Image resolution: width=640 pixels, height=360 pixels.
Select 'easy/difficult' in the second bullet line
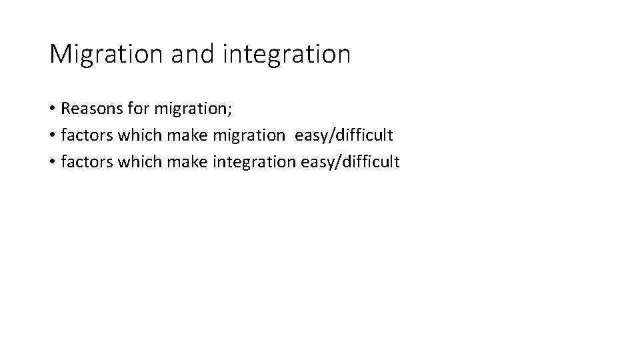coord(344,136)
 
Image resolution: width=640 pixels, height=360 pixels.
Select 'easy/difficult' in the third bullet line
coord(351,161)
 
